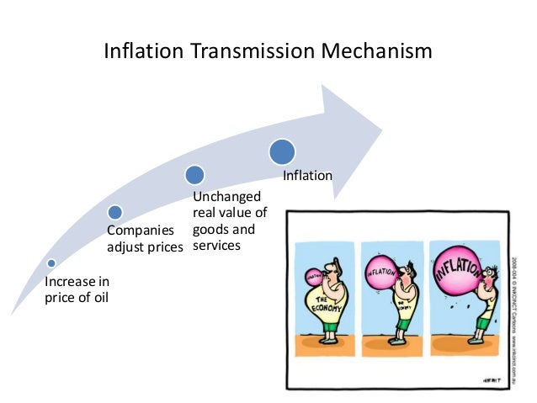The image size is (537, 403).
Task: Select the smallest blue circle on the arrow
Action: click(x=51, y=263)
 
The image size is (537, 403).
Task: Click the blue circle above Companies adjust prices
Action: click(x=115, y=213)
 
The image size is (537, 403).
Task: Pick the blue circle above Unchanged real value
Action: click(x=195, y=175)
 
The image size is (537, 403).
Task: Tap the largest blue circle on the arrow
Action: click(x=282, y=151)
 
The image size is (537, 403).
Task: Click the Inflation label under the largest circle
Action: click(x=307, y=177)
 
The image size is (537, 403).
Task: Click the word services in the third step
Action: click(x=216, y=246)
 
